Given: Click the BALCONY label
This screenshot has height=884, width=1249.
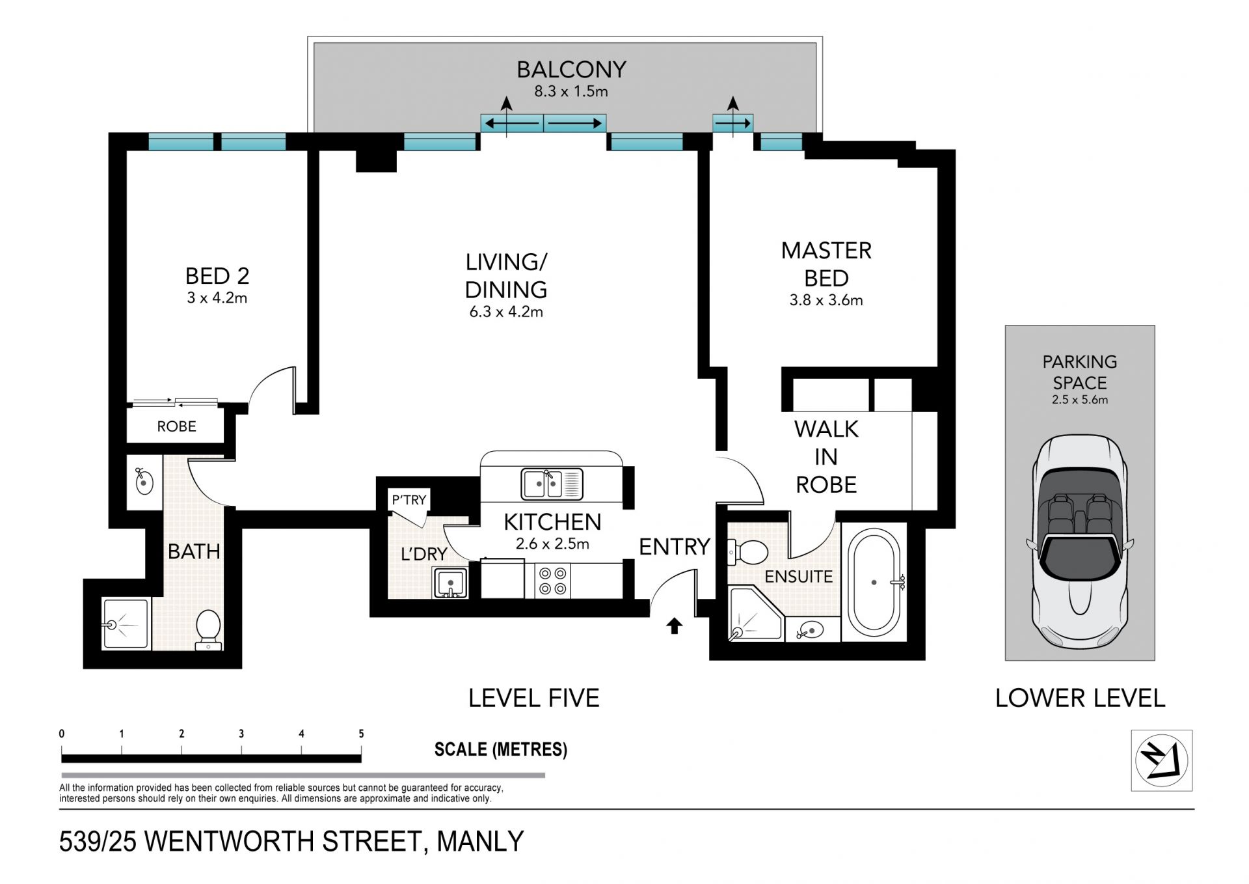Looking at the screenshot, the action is pyautogui.click(x=571, y=69).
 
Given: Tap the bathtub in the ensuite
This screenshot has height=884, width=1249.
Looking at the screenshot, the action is pyautogui.click(x=874, y=583).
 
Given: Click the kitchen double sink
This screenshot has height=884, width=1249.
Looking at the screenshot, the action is pyautogui.click(x=552, y=484).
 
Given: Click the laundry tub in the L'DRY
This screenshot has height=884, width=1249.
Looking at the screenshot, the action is pyautogui.click(x=450, y=583).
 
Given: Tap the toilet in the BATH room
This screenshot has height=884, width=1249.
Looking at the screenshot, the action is pyautogui.click(x=209, y=629).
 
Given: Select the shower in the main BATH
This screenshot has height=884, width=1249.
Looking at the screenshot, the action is pyautogui.click(x=126, y=624).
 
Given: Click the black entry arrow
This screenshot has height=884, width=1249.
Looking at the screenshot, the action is pyautogui.click(x=675, y=626).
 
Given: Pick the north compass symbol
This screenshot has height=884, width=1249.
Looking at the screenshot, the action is pyautogui.click(x=1161, y=760).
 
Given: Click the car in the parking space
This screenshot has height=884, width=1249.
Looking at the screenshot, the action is pyautogui.click(x=1080, y=541).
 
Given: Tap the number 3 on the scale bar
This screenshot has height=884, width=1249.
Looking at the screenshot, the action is pyautogui.click(x=241, y=734).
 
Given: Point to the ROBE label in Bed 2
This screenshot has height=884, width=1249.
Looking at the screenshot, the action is pyautogui.click(x=176, y=426).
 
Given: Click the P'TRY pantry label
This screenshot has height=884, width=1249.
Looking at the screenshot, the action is pyautogui.click(x=409, y=500).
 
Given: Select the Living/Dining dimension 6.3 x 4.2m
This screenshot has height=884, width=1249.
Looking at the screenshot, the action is pyautogui.click(x=506, y=312).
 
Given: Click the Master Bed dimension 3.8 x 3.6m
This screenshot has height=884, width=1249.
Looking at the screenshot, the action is pyautogui.click(x=826, y=300).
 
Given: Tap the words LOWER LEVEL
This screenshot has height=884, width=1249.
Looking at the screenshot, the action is pyautogui.click(x=1080, y=698).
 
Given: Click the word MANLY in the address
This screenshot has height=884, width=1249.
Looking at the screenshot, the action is pyautogui.click(x=480, y=842).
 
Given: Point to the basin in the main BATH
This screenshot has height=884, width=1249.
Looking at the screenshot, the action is pyautogui.click(x=144, y=482).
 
